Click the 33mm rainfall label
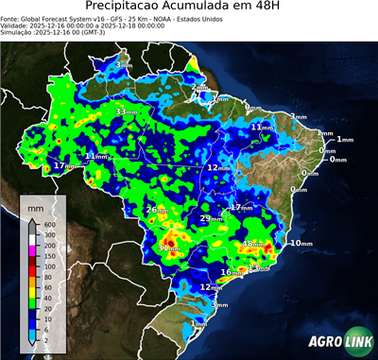click(125, 111)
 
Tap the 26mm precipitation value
click(157, 209)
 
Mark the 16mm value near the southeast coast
click(231, 273)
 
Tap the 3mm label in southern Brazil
click(220, 305)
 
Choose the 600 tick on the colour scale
click(49, 224)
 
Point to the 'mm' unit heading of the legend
click(35, 206)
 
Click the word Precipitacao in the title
click(132, 7)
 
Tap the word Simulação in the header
click(16, 32)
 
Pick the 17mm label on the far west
click(65, 165)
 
